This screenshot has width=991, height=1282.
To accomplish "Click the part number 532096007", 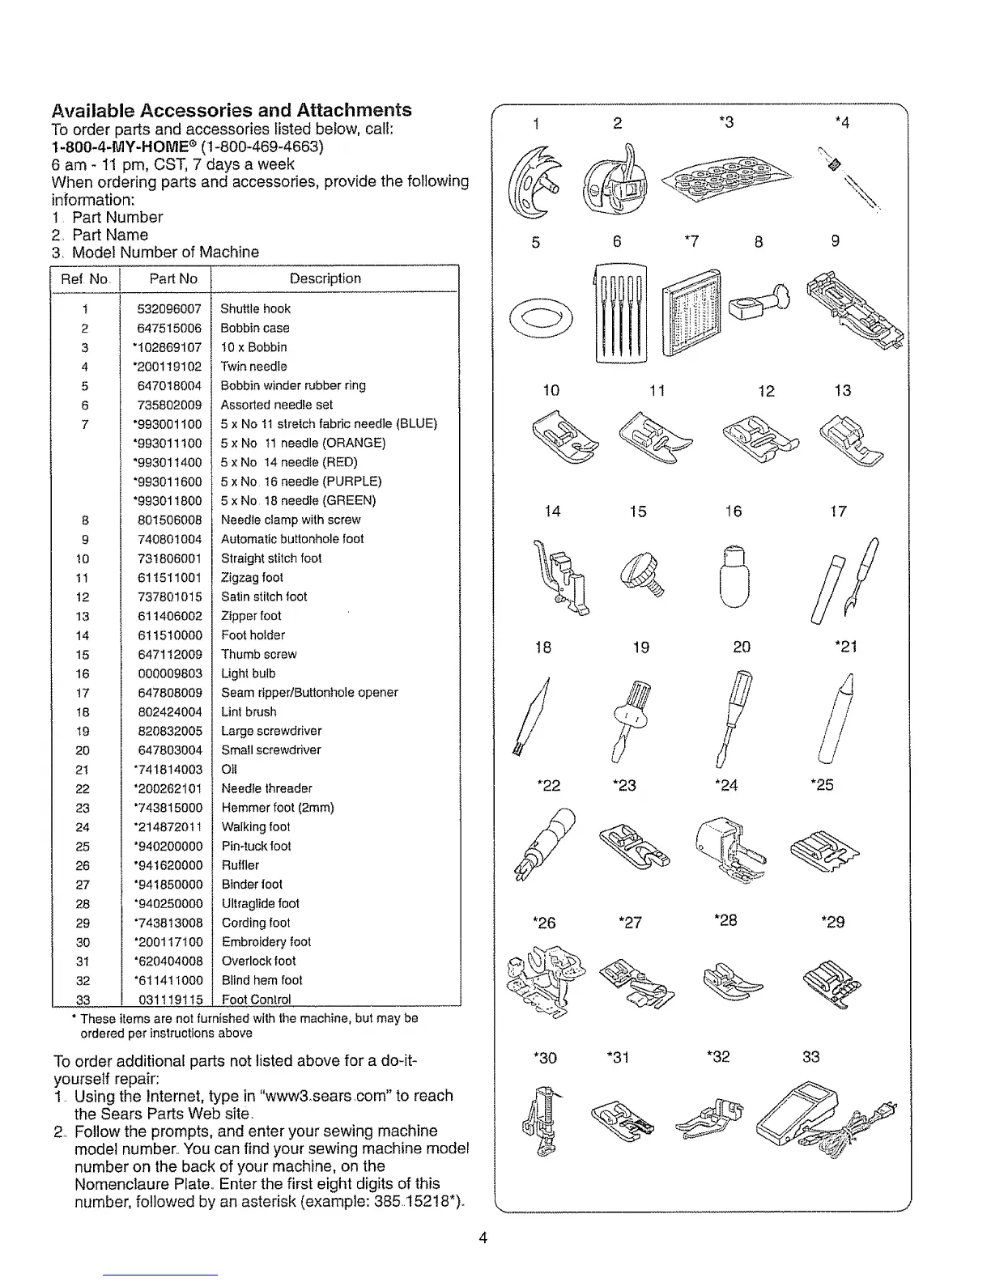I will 169,308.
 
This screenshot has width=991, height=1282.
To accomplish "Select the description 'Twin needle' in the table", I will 253,366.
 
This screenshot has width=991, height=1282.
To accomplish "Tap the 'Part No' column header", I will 173,278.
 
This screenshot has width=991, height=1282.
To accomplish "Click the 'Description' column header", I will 325,278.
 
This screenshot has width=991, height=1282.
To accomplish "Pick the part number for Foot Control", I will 170,1000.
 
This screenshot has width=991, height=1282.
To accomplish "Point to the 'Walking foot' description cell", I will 255,826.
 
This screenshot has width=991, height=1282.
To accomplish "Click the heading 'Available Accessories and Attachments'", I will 232,110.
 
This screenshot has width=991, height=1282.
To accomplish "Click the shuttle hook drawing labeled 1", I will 538,179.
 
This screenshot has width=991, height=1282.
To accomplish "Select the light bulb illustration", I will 734,575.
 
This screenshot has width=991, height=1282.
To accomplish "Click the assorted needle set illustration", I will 621,312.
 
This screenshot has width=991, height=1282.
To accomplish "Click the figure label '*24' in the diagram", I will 726,785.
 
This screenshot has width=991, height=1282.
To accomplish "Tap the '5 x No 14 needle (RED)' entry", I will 289,462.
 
